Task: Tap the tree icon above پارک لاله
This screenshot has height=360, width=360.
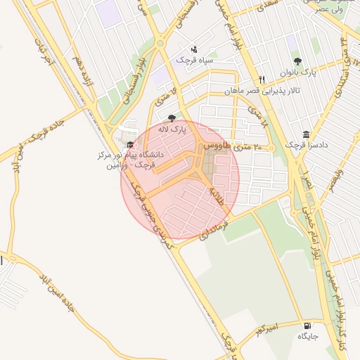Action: tap(172, 118)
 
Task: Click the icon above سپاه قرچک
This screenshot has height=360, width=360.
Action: tap(194, 49)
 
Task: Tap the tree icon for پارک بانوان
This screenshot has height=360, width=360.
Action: tap(298, 61)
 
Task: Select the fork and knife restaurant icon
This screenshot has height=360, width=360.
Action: tap(262, 79)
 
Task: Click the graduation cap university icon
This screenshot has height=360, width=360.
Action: tap(130, 144)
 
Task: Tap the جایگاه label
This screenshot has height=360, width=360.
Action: tap(308, 337)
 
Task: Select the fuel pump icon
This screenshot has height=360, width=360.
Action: tap(307, 326)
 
